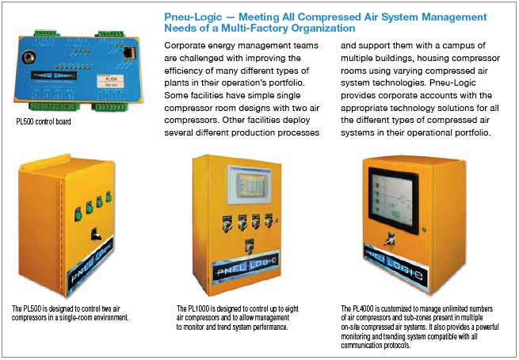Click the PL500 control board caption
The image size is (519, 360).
tap(44, 121)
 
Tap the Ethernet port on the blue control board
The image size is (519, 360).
tap(128, 52)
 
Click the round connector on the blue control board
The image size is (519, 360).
tap(27, 57)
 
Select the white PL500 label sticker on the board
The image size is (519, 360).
tap(111, 82)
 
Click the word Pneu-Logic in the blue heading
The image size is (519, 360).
tap(193, 17)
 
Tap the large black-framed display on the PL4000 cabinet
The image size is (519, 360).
tap(393, 200)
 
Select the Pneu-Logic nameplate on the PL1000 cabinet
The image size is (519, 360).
tap(246, 267)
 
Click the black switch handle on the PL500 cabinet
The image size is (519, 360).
tap(96, 233)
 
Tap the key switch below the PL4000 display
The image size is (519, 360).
tap(389, 239)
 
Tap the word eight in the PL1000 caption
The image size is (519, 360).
tap(292, 309)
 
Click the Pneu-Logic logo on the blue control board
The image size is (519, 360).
tap(55, 75)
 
